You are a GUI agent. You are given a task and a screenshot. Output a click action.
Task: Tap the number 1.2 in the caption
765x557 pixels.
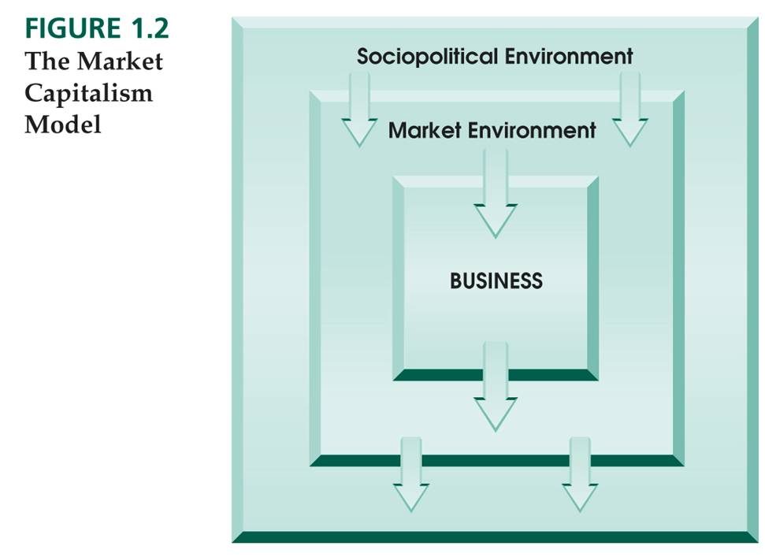point(146,29)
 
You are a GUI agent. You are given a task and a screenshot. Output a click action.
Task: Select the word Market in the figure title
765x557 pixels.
point(118,61)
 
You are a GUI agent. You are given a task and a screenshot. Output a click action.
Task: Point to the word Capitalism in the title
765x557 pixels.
point(88,93)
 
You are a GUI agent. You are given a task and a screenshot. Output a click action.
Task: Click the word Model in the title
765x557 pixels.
point(63,124)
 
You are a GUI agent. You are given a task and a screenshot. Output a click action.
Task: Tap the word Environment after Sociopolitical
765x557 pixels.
point(568,57)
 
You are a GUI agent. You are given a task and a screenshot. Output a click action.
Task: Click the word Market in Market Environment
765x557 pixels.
point(426,130)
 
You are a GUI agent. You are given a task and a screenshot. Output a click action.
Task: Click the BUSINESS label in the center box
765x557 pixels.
point(496,280)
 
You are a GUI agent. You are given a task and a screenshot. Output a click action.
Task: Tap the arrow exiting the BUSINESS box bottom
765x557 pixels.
point(496,386)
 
